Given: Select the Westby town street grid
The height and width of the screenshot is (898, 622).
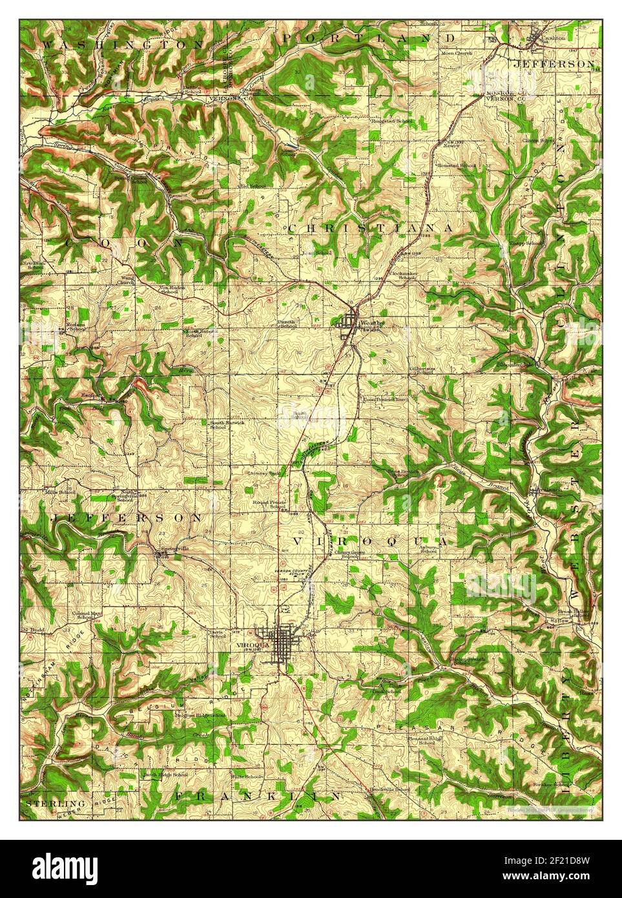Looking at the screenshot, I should click(x=351, y=321).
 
